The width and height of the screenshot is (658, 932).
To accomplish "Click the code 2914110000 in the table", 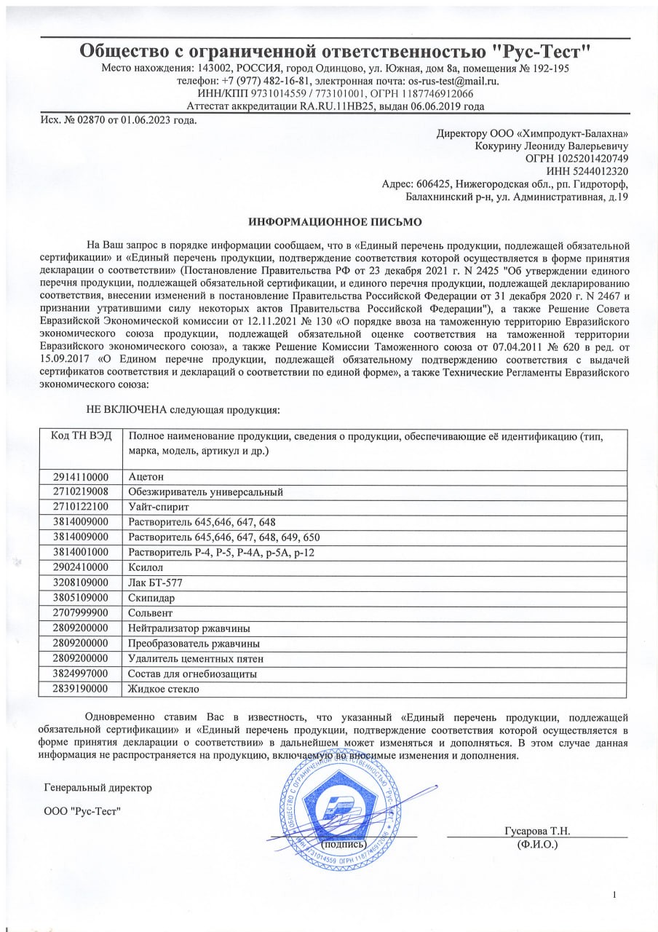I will click(x=80, y=477).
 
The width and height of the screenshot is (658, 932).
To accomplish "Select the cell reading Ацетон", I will click(x=146, y=477).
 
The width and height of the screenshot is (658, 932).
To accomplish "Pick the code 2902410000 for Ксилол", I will click(x=80, y=566).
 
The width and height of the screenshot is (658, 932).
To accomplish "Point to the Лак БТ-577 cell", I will click(x=157, y=582).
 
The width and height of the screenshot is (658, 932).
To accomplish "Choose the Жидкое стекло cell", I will click(x=164, y=688).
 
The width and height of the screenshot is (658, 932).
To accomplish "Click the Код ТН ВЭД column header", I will click(x=81, y=436).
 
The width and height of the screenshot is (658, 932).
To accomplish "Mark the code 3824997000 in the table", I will click(x=80, y=674).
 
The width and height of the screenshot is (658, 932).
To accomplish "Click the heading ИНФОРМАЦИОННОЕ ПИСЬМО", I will click(x=335, y=221).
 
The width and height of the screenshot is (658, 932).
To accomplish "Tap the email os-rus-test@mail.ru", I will click(x=453, y=81).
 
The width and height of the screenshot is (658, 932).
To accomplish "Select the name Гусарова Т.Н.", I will click(x=537, y=832).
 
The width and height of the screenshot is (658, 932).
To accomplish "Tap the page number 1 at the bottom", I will click(x=615, y=894).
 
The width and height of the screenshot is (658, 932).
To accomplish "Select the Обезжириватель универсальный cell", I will click(x=205, y=492).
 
